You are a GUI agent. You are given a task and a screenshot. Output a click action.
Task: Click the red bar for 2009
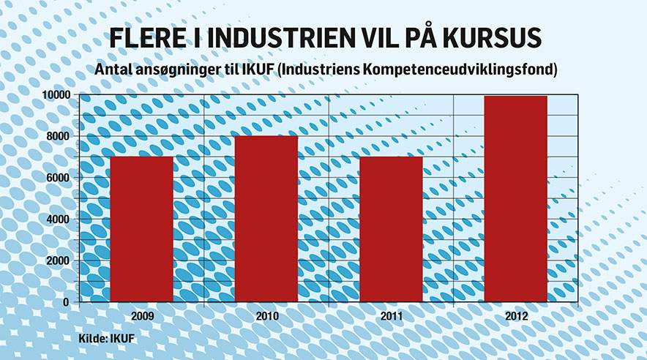click(x=142, y=229)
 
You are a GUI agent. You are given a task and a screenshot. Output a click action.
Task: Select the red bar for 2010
click(x=266, y=219)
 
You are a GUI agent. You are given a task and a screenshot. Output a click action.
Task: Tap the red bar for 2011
click(x=392, y=229)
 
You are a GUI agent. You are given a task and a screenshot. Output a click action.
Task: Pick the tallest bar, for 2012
click(x=516, y=198)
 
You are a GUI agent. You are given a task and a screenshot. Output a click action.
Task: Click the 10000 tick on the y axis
click(x=56, y=95)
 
